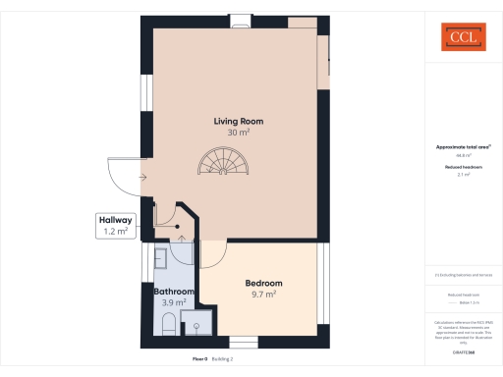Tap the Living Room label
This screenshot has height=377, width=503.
click(x=239, y=122)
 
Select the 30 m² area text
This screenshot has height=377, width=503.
click(x=239, y=133)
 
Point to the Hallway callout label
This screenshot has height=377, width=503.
click(x=116, y=221)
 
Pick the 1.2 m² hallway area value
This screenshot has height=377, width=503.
click(x=116, y=232)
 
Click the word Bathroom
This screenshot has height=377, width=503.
click(x=173, y=292)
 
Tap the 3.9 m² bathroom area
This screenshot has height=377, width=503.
click(x=173, y=302)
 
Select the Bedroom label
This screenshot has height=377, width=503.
click(x=264, y=283)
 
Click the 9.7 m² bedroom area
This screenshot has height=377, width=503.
click(x=264, y=294)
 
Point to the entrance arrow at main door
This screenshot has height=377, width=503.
click(x=143, y=178)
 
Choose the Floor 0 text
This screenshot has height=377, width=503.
click(x=200, y=359)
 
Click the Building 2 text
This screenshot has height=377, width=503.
click(x=223, y=359)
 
